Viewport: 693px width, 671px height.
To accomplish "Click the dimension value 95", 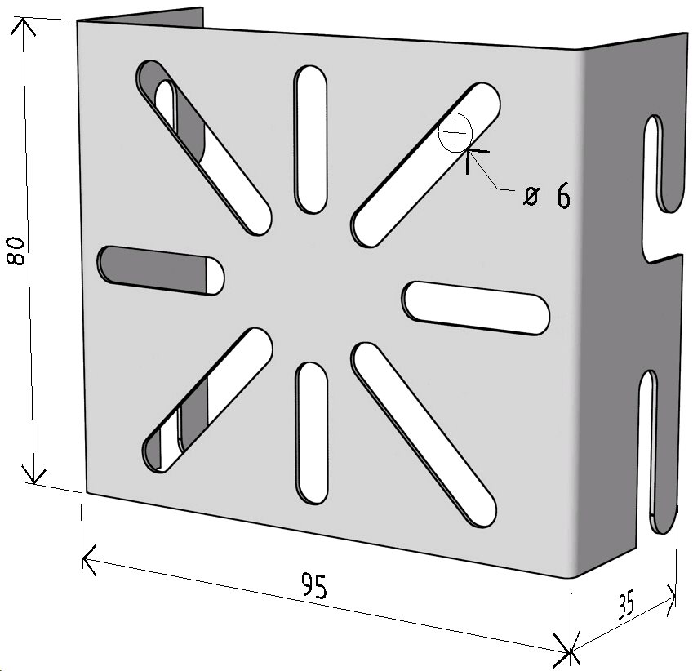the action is [x=314, y=585].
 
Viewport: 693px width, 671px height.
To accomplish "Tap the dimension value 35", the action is [x=625, y=604].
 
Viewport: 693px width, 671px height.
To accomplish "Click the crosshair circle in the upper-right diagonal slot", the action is [x=455, y=132].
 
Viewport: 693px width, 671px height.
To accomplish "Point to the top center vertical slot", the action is [x=311, y=140].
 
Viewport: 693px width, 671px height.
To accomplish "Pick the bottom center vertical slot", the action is [x=312, y=433].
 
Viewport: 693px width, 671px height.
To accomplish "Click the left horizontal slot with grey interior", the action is [x=161, y=270].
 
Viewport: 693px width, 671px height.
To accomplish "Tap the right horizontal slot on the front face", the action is [x=476, y=308].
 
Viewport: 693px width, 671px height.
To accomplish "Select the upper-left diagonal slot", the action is [x=204, y=148].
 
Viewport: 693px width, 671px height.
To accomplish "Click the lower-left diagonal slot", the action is [x=207, y=401].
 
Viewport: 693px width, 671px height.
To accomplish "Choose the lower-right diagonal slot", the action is [x=424, y=434].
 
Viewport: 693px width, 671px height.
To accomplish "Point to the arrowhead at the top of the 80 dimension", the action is [x=23, y=25].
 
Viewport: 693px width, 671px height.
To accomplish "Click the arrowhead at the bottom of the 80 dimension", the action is [x=33, y=475].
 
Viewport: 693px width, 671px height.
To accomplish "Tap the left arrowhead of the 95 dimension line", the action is [x=90, y=560].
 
